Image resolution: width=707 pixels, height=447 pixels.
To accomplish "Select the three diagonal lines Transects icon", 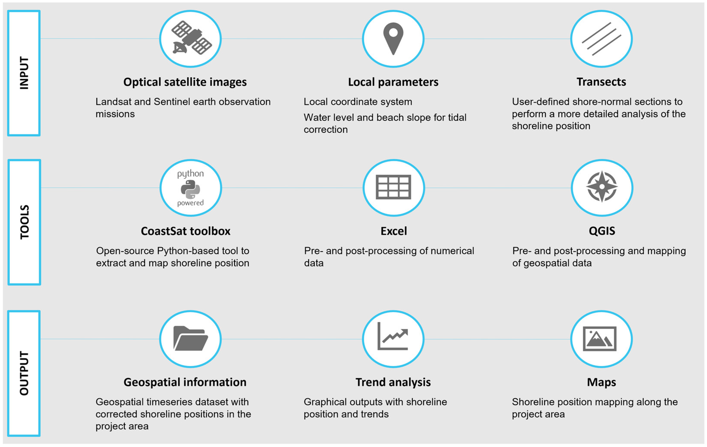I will [x=601, y=39].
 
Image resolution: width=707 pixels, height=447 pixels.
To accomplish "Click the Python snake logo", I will [x=190, y=189].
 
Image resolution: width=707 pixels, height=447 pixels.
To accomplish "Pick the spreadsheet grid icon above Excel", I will [x=393, y=187].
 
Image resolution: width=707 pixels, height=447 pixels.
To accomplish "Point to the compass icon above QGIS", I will [x=602, y=187].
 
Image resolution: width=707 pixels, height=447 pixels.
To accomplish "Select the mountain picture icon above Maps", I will [x=600, y=339].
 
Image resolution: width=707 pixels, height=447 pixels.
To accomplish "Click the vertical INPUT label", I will [x=24, y=73].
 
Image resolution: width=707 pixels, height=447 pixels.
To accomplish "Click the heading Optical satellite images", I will [x=185, y=82].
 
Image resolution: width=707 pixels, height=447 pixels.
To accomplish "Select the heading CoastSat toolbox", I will [x=186, y=231].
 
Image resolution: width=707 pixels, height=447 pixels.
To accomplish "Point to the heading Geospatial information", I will [x=185, y=382].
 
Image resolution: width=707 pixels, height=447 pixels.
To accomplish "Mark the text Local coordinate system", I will [x=358, y=102].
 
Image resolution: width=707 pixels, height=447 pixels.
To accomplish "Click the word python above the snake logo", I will [x=190, y=174].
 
